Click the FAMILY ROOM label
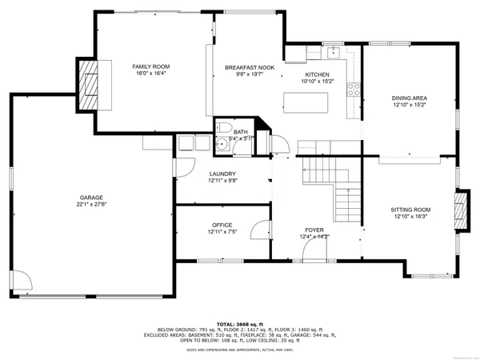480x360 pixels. pos(150,66)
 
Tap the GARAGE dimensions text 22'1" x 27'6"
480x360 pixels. pos(91,204)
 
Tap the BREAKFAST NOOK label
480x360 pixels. pos(249,67)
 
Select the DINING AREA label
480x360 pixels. pos(409,98)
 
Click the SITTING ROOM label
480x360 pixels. pos(410,210)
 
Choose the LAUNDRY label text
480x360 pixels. pos(222,174)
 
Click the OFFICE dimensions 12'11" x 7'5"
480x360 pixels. pos(222,233)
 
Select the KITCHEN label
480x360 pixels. pos(315,74)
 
